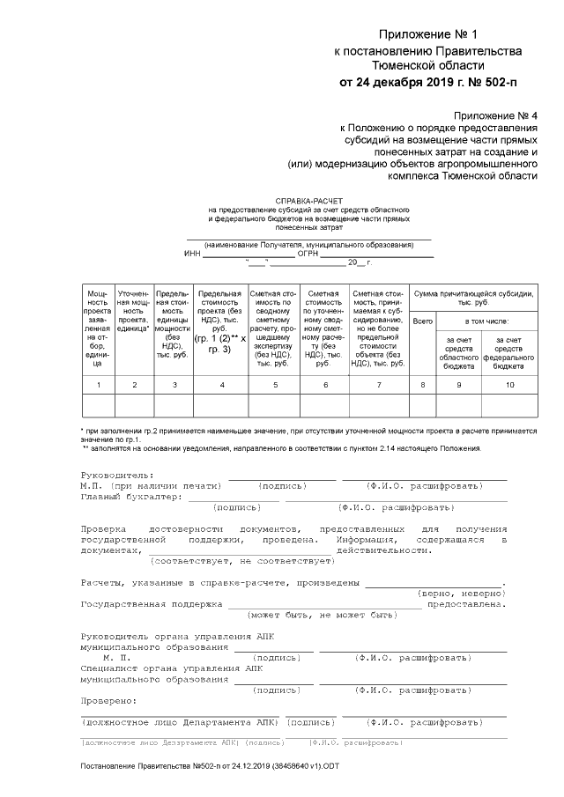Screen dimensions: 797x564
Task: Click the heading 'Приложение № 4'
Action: pyautogui.click(x=494, y=115)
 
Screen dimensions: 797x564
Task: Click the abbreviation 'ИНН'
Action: pyautogui.click(x=193, y=253)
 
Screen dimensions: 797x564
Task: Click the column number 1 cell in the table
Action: pyautogui.click(x=98, y=385)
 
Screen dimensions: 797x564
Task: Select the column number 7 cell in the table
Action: pyautogui.click(x=378, y=385)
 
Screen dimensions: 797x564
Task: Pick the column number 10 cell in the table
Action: pyautogui.click(x=509, y=385)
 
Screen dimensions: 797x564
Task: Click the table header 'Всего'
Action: pyautogui.click(x=423, y=321)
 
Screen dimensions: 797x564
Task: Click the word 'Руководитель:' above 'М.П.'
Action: pyautogui.click(x=116, y=476)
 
